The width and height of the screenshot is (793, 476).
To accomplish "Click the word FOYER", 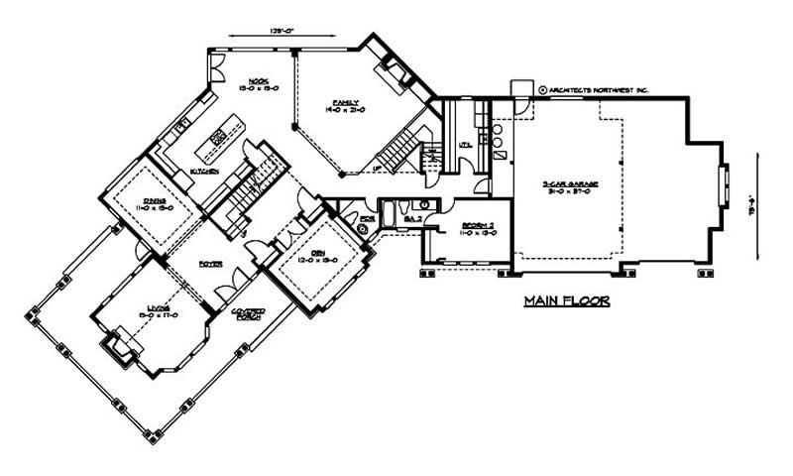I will click(x=209, y=264).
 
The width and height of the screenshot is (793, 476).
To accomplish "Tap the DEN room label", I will click(x=318, y=255).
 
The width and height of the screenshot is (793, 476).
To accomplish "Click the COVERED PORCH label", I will click(x=247, y=315).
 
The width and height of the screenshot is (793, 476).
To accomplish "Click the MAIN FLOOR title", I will click(x=566, y=301).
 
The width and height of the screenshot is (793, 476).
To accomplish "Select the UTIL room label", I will click(x=462, y=146).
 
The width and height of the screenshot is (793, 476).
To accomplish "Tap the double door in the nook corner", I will click(x=219, y=75).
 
